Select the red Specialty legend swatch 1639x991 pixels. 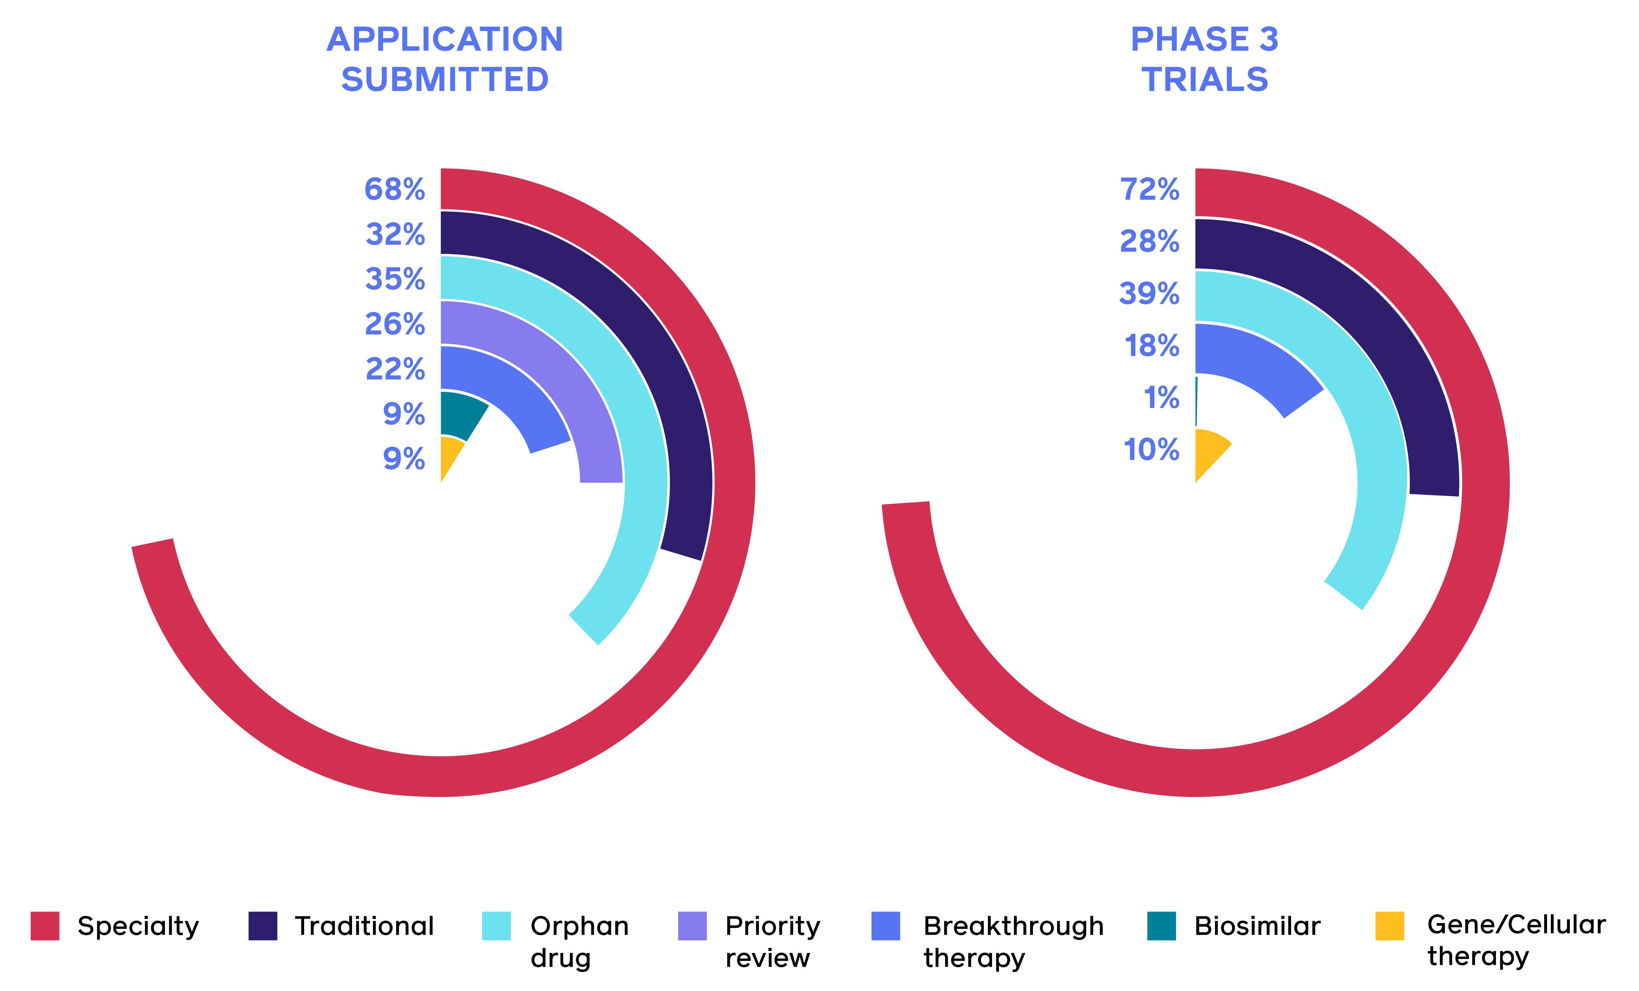pyautogui.click(x=45, y=926)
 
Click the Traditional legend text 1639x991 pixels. pyautogui.click(x=364, y=926)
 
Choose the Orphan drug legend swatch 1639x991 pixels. pyautogui.click(x=496, y=926)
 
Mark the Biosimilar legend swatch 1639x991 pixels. pyautogui.click(x=1161, y=926)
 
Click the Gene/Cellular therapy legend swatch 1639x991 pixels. pyautogui.click(x=1389, y=926)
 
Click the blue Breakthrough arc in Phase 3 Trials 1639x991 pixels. pyautogui.click(x=1257, y=362)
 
